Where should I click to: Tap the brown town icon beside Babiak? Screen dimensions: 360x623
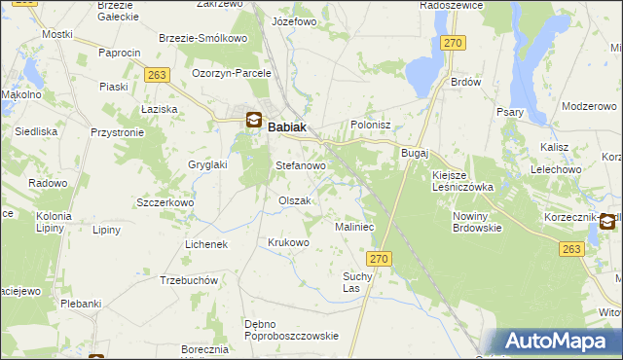coord(253,122)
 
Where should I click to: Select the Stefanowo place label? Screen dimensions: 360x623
coord(301,166)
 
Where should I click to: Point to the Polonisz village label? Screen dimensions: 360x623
coord(370,126)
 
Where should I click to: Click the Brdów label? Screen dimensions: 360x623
coord(466,83)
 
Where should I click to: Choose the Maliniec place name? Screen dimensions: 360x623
coord(354,227)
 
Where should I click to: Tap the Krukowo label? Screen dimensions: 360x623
coord(288,242)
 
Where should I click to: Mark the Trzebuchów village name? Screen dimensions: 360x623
coord(189,280)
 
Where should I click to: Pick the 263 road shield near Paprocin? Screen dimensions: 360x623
coord(158,74)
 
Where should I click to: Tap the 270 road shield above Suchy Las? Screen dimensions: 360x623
coord(380,258)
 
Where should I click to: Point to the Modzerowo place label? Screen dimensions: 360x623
coord(591,105)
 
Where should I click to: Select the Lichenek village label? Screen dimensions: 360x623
coord(206,244)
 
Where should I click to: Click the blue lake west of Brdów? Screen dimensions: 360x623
coord(424,71)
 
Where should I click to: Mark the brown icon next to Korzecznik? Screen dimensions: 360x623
coord(608,222)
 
